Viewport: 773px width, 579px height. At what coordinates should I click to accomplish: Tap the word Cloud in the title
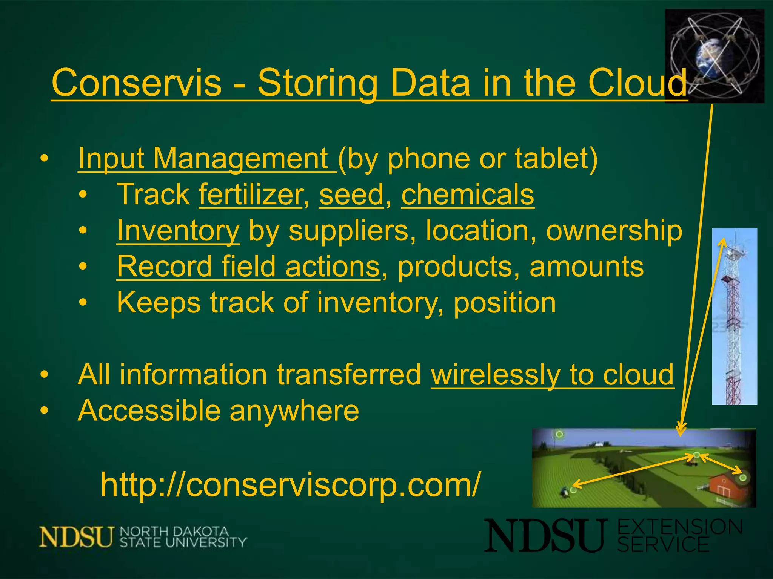coord(638,83)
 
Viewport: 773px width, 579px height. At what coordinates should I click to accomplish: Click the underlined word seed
coord(351,195)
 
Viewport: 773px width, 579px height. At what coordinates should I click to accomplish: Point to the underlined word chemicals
coord(468,195)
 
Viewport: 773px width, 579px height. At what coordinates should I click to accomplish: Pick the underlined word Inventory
coord(178,231)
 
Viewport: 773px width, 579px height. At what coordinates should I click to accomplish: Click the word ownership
coord(614,231)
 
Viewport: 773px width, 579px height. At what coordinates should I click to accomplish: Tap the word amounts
coord(587,267)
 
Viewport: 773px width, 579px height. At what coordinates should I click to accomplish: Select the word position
coord(505,303)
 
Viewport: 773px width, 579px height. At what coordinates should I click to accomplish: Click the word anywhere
coord(294,411)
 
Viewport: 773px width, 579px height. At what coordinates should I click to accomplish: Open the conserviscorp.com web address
coord(291,485)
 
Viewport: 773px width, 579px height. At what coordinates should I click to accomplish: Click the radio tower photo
coord(734,317)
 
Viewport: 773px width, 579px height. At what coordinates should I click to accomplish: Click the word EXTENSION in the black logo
coord(680,527)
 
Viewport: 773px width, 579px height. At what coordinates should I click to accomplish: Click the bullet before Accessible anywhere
coord(45,411)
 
